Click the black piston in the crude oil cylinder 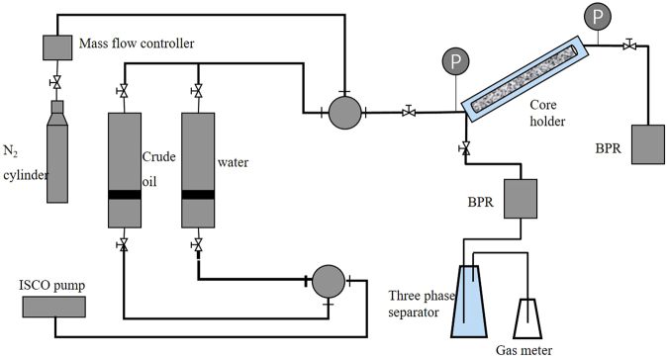point(123,195)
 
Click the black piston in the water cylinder point(197,195)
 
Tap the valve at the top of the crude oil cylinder point(123,92)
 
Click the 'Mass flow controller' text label point(124,44)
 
